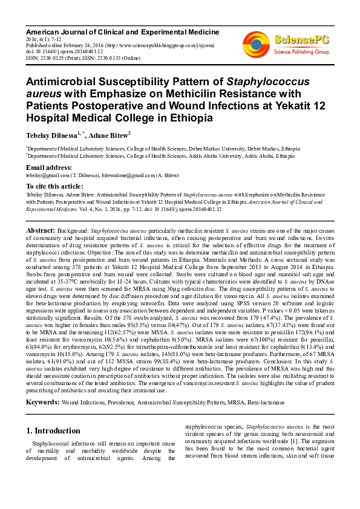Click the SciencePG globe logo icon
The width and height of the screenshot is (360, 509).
coord(256,44)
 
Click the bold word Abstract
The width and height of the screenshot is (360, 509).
coord(41,231)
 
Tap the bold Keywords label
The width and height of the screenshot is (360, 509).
coord(42,402)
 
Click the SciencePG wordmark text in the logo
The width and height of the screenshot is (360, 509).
coord(301,40)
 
